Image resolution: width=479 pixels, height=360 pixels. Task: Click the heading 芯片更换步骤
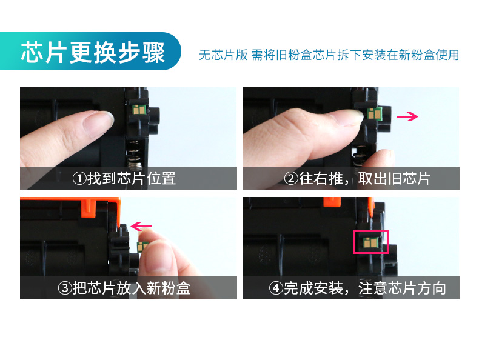(93, 53)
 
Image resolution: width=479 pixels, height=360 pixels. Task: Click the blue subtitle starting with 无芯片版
(329, 55)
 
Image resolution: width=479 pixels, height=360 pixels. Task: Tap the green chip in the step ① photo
(139, 109)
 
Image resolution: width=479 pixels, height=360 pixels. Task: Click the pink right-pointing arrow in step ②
(407, 116)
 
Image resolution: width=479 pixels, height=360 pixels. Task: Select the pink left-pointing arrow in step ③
(141, 227)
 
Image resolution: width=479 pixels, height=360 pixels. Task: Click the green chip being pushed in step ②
(374, 114)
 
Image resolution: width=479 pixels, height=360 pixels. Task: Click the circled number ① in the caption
(79, 178)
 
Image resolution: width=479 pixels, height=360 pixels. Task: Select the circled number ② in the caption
(291, 178)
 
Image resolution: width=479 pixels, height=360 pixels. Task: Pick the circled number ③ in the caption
(65, 288)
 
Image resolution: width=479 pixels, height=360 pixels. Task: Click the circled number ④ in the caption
(276, 288)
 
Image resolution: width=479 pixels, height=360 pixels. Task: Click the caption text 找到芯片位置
(132, 178)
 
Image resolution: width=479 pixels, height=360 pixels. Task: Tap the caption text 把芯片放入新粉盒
(132, 288)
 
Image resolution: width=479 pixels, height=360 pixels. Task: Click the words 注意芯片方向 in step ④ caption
(403, 288)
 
